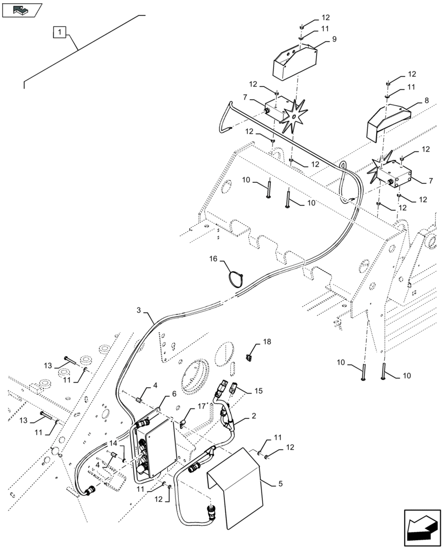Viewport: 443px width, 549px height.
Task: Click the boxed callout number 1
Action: point(60,32)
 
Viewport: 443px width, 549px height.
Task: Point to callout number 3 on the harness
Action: point(140,311)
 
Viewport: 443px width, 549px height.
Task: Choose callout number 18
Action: point(266,341)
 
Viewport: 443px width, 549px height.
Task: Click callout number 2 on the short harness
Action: point(253,417)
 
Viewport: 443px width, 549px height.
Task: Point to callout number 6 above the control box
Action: point(174,394)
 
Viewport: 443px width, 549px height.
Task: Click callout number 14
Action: point(113,442)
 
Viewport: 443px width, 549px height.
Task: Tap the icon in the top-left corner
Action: point(22,9)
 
